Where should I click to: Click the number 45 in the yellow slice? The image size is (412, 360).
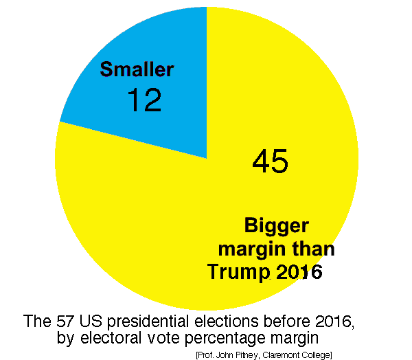tap(270, 161)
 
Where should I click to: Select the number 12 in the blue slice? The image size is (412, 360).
tap(144, 100)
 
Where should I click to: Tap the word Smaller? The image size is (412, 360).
tap(137, 69)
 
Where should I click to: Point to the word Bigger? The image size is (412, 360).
tap(277, 226)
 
